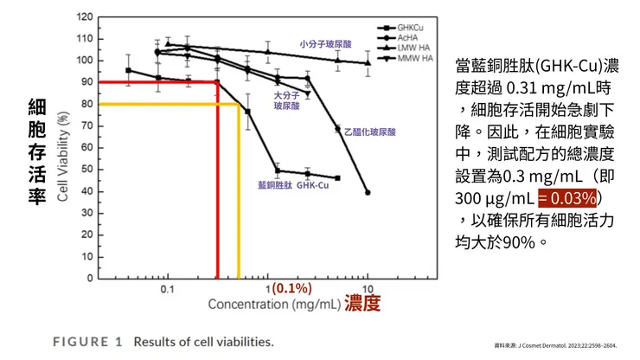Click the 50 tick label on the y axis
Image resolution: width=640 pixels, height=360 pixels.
(x=86, y=170)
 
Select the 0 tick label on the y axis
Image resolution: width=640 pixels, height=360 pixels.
(x=89, y=279)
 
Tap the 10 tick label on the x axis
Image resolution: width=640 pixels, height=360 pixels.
(x=367, y=288)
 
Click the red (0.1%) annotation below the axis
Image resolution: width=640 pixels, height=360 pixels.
(x=291, y=288)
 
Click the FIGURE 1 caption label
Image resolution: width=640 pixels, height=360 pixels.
(x=87, y=341)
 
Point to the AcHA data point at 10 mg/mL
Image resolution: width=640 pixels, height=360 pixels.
(x=368, y=192)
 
